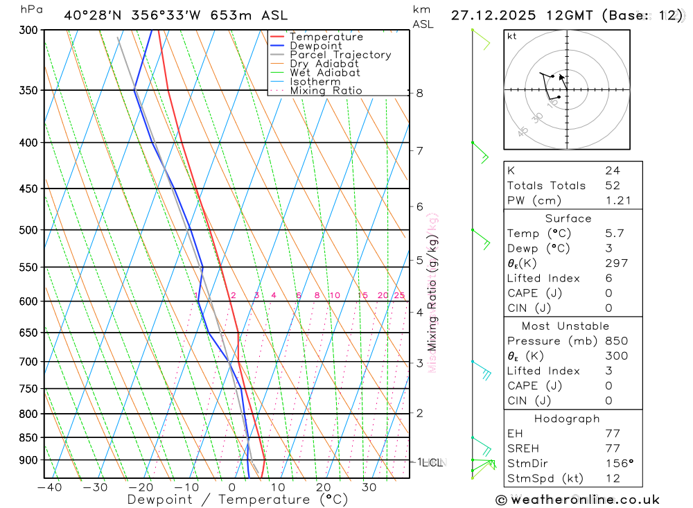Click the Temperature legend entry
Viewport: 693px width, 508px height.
pyautogui.click(x=326, y=37)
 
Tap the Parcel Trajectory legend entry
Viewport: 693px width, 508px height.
pyautogui.click(x=340, y=55)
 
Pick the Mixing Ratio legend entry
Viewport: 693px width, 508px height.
pyautogui.click(x=326, y=91)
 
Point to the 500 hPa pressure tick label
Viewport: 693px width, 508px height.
pyautogui.click(x=29, y=229)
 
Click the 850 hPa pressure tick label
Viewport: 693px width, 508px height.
pyautogui.click(x=29, y=437)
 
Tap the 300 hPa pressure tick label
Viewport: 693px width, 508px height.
pyautogui.click(x=29, y=30)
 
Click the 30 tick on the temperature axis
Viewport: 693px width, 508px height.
pyautogui.click(x=369, y=487)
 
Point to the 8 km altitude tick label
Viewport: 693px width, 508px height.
pyautogui.click(x=420, y=93)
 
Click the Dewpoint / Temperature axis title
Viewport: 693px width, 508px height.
pyautogui.click(x=238, y=500)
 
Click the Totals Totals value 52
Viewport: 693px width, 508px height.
pyautogui.click(x=612, y=186)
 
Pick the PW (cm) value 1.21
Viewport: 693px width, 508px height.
pyautogui.click(x=617, y=201)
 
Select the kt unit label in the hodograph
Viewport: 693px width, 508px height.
pyautogui.click(x=511, y=36)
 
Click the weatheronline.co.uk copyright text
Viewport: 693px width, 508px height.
pyautogui.click(x=578, y=500)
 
